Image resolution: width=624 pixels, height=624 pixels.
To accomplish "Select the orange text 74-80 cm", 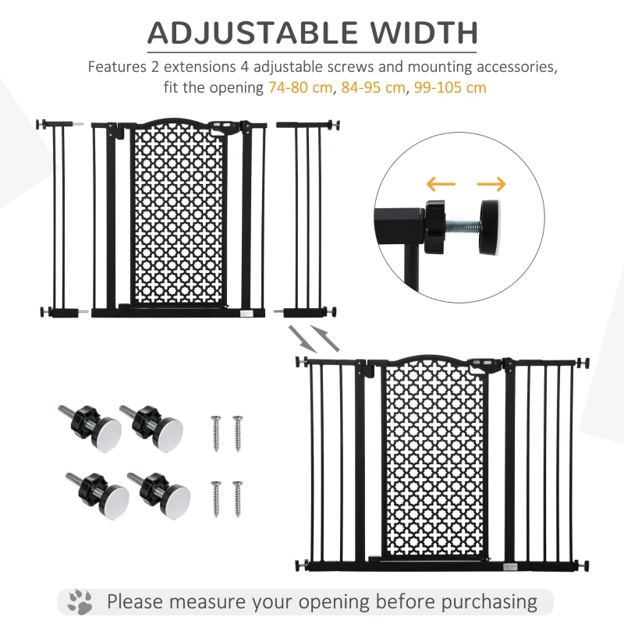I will coord(300,87).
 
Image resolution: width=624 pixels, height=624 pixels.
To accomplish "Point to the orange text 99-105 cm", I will coord(450,87).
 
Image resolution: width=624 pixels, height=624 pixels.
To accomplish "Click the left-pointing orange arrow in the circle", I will coord(441,185).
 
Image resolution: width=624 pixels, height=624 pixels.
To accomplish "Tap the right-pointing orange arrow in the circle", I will coord(491,185).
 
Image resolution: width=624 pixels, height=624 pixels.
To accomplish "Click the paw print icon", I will coord(80,601).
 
